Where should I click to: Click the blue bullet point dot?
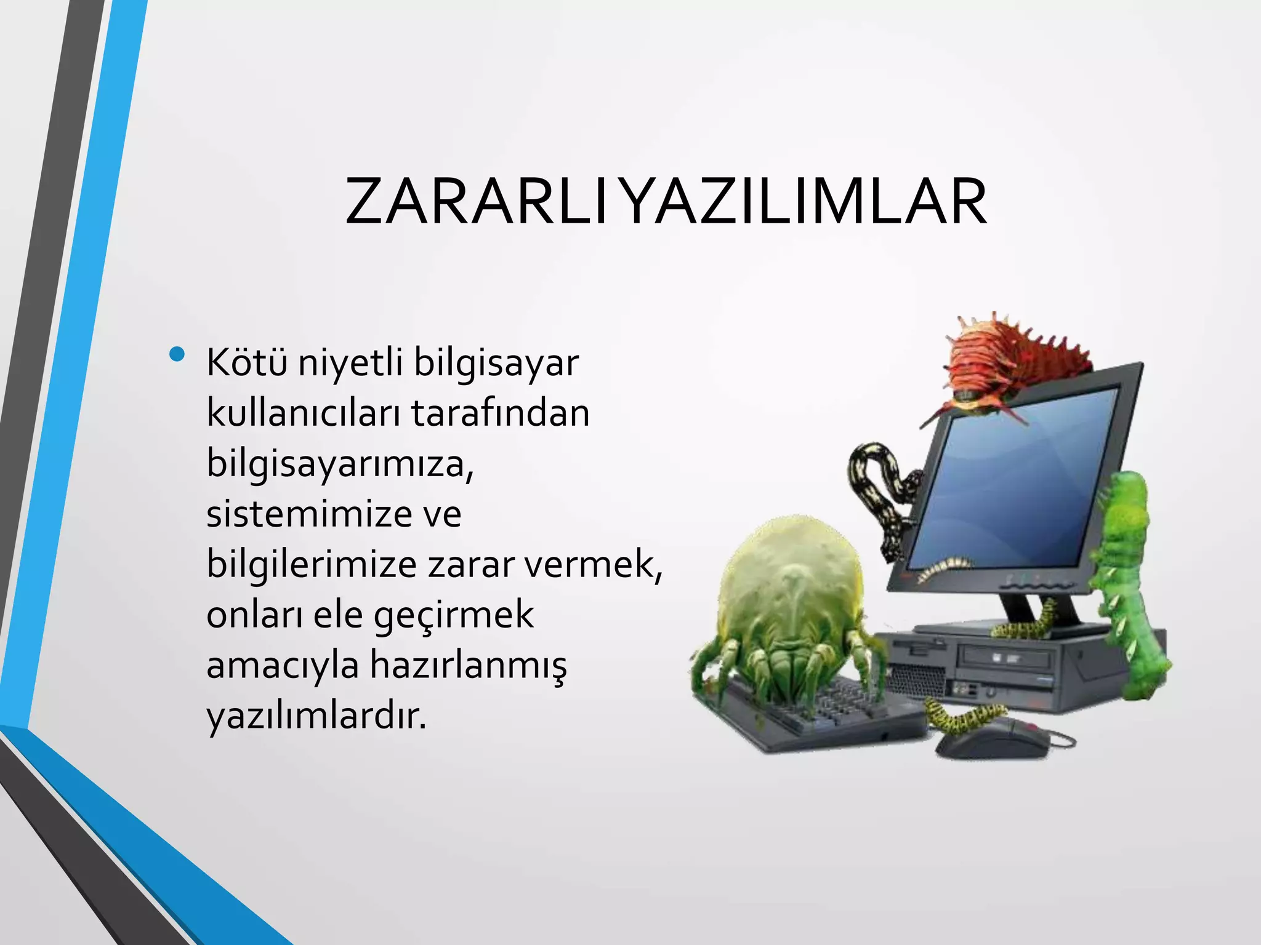click(178, 354)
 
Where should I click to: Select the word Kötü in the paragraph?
click(246, 363)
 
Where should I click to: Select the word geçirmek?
click(454, 616)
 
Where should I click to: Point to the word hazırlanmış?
click(467, 665)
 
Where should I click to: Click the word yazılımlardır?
click(316, 717)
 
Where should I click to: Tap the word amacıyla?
click(283, 666)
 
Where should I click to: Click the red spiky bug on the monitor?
click(1010, 363)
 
